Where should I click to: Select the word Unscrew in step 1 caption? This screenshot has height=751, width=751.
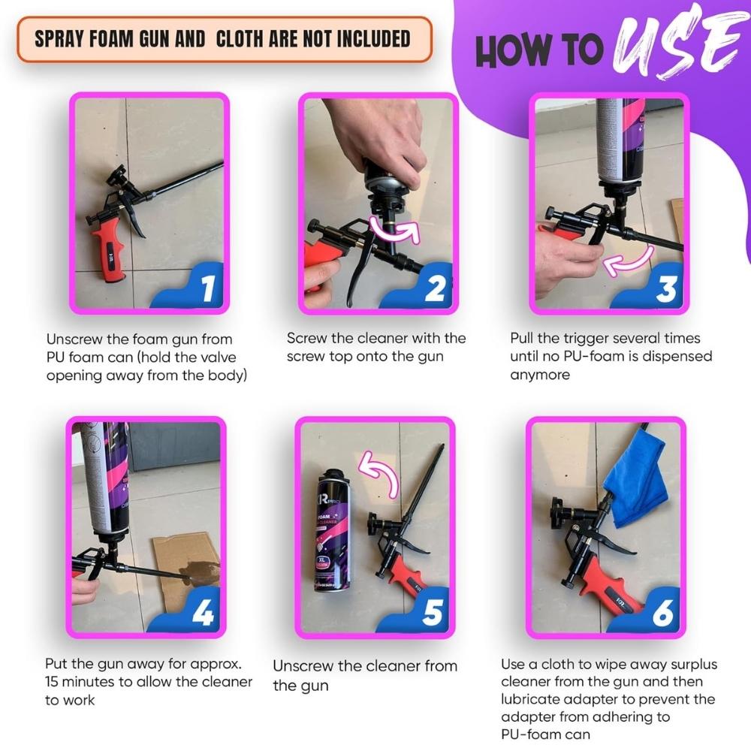(x=74, y=339)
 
